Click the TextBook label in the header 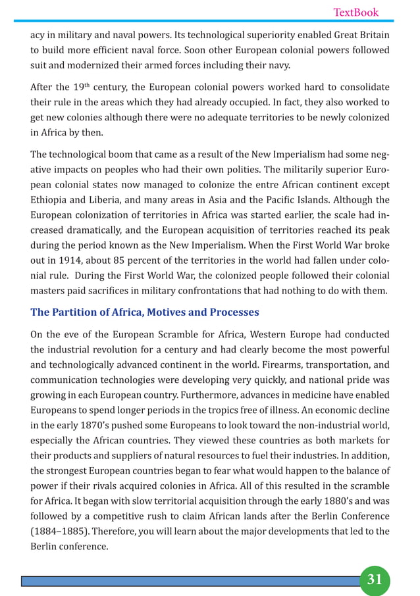[356, 12]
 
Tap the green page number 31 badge [374, 579]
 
